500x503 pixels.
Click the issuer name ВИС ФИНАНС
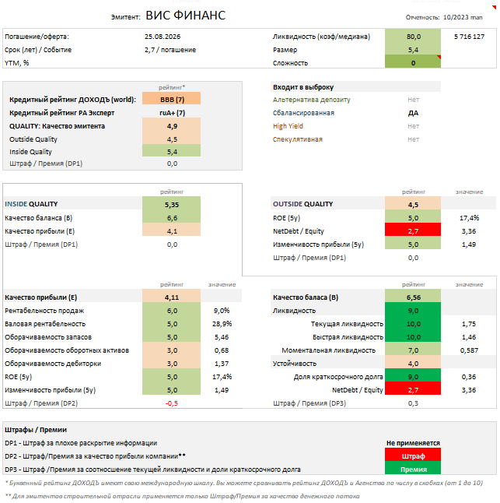(x=187, y=15)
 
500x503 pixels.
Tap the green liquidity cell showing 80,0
(x=413, y=37)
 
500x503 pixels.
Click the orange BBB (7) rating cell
(x=172, y=100)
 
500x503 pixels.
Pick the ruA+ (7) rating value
(x=172, y=113)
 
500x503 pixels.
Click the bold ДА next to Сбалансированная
(x=413, y=113)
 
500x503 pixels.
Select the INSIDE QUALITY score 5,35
(x=172, y=204)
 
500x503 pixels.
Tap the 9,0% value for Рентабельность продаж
(x=221, y=310)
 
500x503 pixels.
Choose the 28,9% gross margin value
(x=221, y=323)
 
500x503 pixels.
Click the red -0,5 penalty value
(x=172, y=403)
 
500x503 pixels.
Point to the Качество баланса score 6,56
(x=413, y=297)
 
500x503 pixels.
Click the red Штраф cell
(x=413, y=456)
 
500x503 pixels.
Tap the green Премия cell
(x=413, y=469)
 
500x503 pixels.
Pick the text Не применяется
(x=413, y=442)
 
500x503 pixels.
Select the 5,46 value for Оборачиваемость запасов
(x=221, y=336)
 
